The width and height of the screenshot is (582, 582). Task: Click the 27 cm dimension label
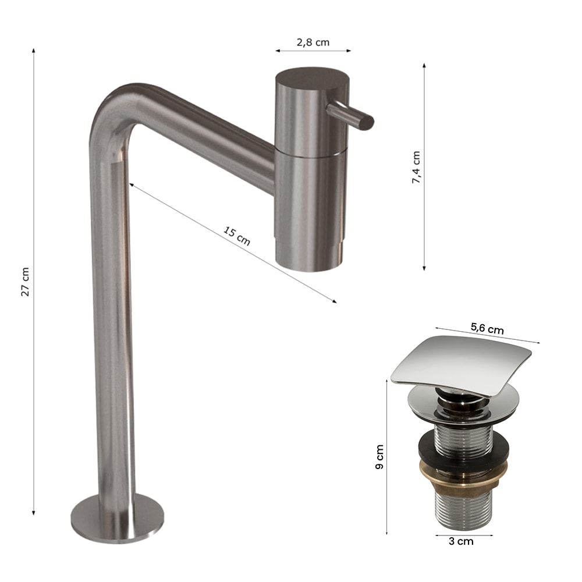point(25,281)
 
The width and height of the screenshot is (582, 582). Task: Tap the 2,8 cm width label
point(313,42)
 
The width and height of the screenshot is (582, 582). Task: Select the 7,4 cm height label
point(416,167)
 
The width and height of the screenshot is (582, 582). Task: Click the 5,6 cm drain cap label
point(487,328)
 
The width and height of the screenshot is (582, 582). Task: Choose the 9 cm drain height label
point(379,457)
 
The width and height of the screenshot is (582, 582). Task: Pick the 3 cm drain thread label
point(461,541)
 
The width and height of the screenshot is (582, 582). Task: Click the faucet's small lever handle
point(350,116)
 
